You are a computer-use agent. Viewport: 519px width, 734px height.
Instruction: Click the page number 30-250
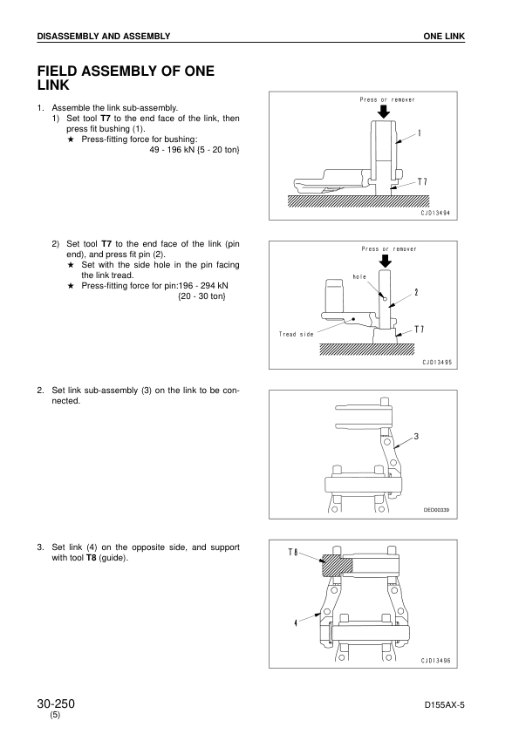coord(56,703)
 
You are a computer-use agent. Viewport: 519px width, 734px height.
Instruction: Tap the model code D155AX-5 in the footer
coord(445,705)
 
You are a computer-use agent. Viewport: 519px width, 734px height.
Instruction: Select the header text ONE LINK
coord(444,36)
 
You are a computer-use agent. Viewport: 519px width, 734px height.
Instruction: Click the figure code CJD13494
coord(435,213)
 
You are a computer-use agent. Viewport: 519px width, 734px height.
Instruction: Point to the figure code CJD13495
coord(437,363)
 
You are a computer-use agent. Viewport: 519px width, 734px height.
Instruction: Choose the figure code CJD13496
coord(435,661)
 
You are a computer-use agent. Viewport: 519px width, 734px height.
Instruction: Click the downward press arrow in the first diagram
coord(384,112)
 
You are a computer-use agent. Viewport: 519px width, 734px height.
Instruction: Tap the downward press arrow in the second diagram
coord(385,261)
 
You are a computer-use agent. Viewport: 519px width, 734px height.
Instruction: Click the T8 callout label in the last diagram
coord(293,553)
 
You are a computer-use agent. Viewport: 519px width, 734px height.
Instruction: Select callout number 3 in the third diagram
coord(416,436)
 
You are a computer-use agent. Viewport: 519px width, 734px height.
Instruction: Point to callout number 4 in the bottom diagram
coord(296,623)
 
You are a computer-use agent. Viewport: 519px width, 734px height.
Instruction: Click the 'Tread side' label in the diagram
coord(296,334)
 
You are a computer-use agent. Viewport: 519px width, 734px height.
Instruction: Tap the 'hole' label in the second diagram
coord(359,276)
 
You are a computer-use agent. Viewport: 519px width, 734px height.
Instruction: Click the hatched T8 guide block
coord(337,566)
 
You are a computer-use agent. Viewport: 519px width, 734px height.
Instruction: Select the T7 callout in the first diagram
coord(422,181)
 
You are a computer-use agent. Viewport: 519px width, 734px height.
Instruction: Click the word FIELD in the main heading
coord(59,71)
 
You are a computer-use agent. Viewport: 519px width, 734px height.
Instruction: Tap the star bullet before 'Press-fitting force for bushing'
coord(71,139)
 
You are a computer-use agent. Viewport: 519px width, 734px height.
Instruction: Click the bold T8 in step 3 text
coord(91,558)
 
